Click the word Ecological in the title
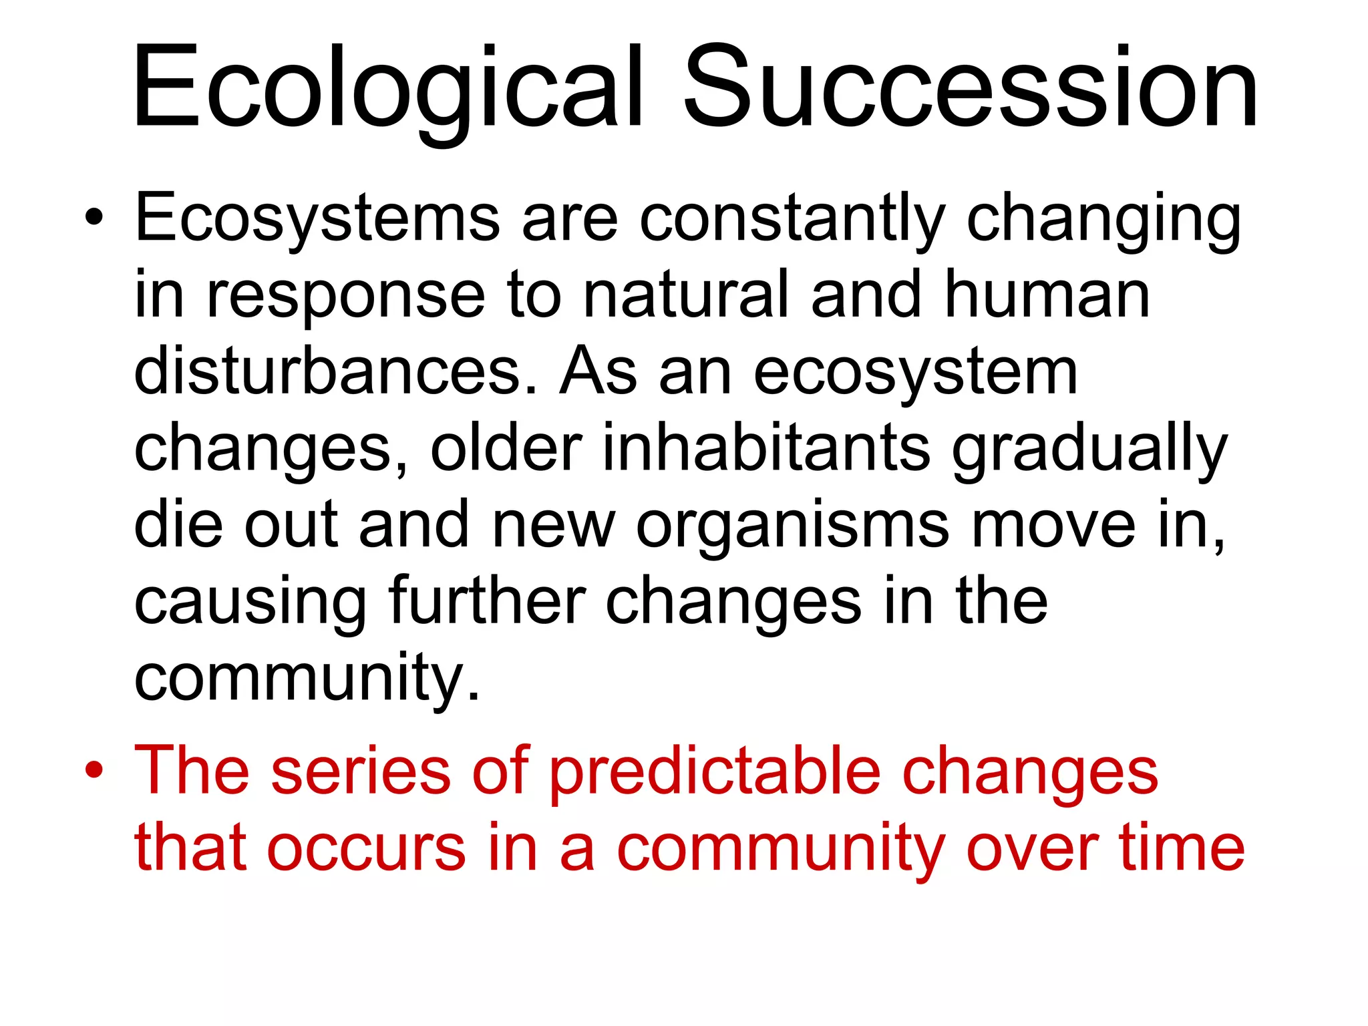click(387, 87)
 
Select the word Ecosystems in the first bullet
click(317, 219)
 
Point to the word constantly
click(792, 219)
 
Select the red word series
click(361, 772)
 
